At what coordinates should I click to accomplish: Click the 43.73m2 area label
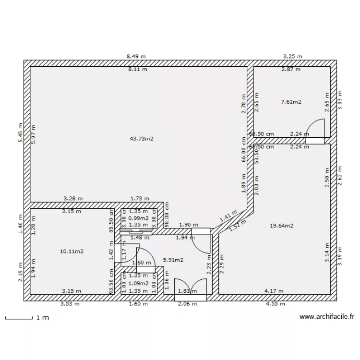pos(141,139)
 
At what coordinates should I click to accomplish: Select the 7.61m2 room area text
pos(291,102)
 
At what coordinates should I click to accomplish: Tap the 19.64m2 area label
pos(281,225)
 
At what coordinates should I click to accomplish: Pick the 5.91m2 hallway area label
pos(173,260)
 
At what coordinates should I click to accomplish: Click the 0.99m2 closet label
pos(139,218)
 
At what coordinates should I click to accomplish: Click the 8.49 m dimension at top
pos(136,56)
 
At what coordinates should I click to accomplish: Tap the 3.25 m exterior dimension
pos(292,56)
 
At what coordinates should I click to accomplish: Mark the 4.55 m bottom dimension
pos(278,304)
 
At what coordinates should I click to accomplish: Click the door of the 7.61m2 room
pos(316,130)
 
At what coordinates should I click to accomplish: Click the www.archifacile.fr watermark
pos(326,317)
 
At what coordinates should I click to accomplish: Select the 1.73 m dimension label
pos(140,198)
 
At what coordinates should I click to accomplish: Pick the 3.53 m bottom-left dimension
pos(70,304)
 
